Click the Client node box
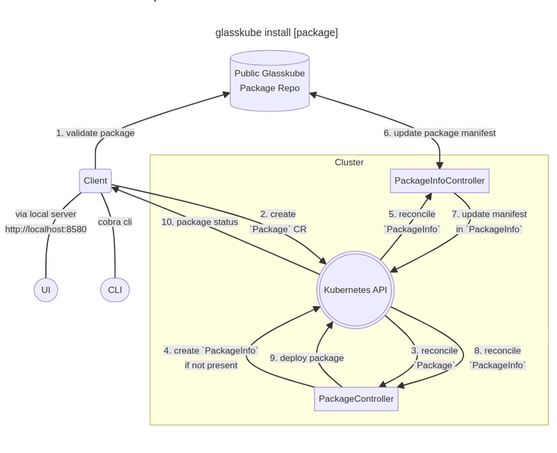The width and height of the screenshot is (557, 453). pyautogui.click(x=95, y=181)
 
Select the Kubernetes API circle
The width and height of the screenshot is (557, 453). pyautogui.click(x=355, y=289)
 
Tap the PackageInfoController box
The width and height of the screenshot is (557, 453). pyautogui.click(x=439, y=181)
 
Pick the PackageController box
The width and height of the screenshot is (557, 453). pyautogui.click(x=356, y=399)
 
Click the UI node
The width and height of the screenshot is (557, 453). pyautogui.click(x=46, y=289)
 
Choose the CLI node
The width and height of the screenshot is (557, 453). pyautogui.click(x=115, y=289)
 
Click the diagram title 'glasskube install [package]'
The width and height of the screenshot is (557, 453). pyautogui.click(x=276, y=33)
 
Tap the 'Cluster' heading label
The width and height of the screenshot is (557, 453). pyautogui.click(x=349, y=162)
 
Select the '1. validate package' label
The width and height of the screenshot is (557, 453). pyautogui.click(x=95, y=133)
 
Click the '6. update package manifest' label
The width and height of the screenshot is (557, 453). pyautogui.click(x=439, y=133)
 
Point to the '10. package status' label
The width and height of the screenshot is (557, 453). pyautogui.click(x=200, y=222)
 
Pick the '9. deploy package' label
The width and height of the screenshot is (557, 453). pyautogui.click(x=306, y=358)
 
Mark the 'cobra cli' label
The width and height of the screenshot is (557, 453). pyautogui.click(x=115, y=222)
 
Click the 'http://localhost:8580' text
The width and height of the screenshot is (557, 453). pyautogui.click(x=46, y=229)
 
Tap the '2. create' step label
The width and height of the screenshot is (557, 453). pyautogui.click(x=278, y=214)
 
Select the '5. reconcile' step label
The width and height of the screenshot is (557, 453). pyautogui.click(x=411, y=214)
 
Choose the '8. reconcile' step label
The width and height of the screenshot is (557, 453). pyautogui.click(x=497, y=351)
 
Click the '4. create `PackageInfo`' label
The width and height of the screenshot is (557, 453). pyautogui.click(x=211, y=351)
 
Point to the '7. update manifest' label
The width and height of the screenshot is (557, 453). pyautogui.click(x=489, y=214)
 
